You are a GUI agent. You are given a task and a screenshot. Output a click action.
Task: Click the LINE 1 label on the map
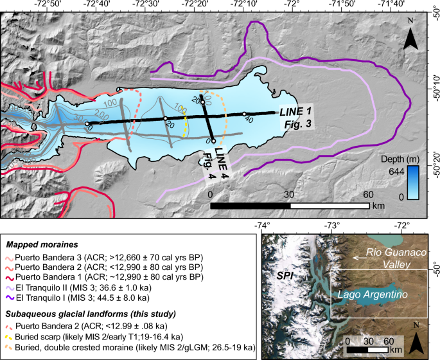292,111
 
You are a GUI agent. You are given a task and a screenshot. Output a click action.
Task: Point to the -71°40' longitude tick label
392,5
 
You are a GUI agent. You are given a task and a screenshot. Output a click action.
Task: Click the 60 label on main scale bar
369,195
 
